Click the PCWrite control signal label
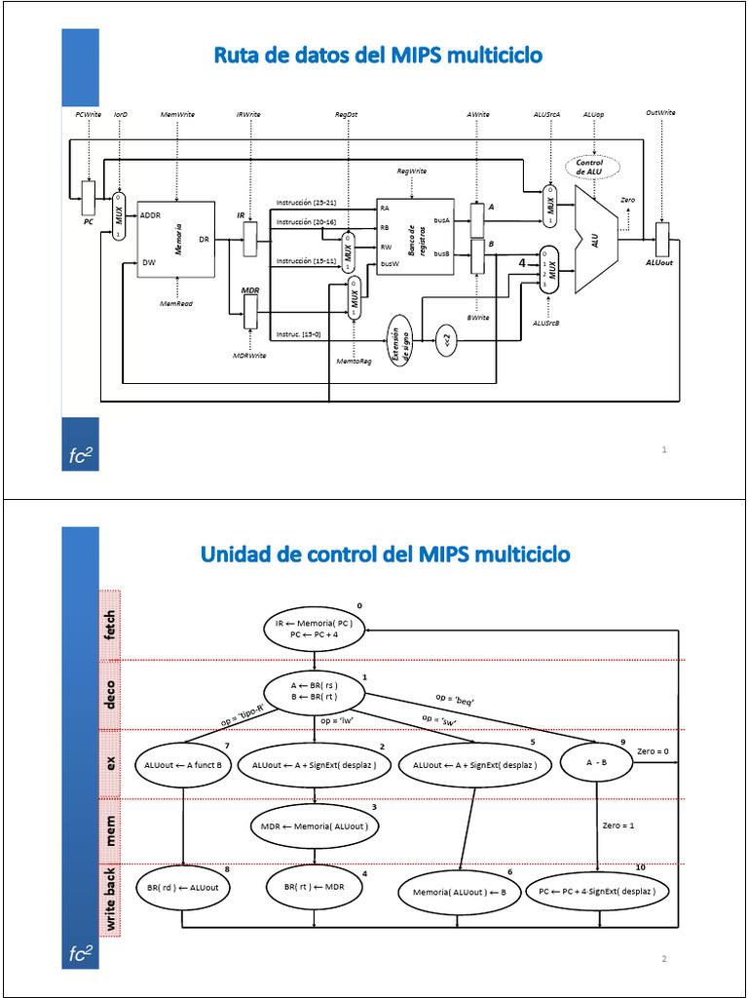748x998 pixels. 89,114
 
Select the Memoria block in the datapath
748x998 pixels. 176,240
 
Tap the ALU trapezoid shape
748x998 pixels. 595,239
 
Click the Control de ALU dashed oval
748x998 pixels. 590,167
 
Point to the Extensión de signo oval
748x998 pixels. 400,341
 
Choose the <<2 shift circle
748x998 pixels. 446,341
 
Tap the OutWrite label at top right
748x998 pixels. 660,114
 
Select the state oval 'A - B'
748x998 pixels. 597,764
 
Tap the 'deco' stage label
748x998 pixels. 111,695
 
